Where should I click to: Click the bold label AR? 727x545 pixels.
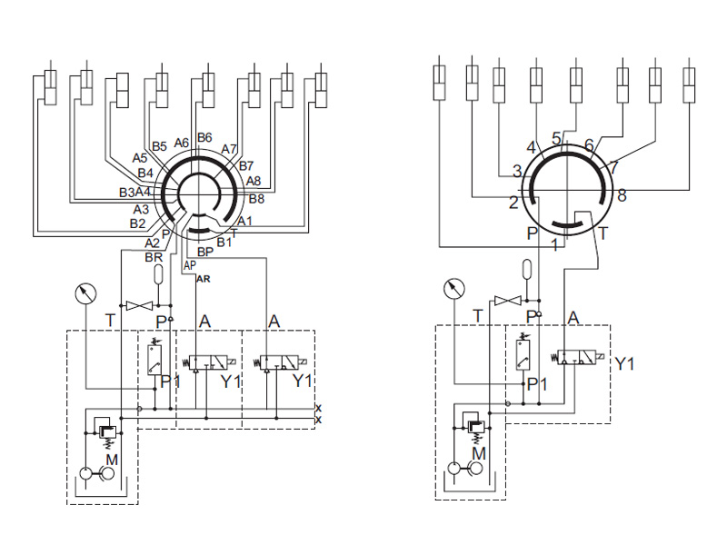point(204,279)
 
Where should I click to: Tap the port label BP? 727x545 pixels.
point(205,252)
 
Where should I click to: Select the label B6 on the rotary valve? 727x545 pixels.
point(204,137)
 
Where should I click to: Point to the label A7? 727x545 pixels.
point(229,149)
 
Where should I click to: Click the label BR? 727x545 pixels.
point(154,258)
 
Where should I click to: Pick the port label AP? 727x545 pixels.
point(190,265)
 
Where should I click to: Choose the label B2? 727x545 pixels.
point(137,223)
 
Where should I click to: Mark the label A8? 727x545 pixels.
point(254,181)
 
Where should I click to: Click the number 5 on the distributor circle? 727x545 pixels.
point(557,138)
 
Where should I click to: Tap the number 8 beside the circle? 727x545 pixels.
point(622,195)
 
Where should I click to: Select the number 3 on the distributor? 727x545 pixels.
point(517,171)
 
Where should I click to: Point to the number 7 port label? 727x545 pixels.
point(614,167)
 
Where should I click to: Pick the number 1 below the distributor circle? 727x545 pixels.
point(555,244)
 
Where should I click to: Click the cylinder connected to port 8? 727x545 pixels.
point(689,84)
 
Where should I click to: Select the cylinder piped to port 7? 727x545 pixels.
point(655,84)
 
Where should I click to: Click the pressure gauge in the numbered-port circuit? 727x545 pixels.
point(453,289)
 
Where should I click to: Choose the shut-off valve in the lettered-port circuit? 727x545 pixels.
point(139,305)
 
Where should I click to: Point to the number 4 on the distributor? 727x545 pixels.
point(532,148)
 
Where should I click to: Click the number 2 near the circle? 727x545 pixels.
point(513,203)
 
